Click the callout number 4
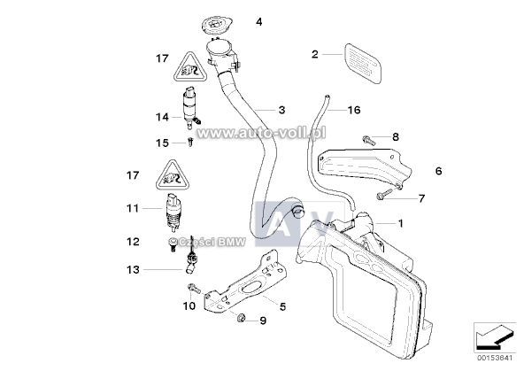[258, 21]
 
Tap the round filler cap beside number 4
[216, 19]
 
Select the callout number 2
[314, 55]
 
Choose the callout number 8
[396, 136]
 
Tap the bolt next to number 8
[368, 138]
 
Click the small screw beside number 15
[190, 141]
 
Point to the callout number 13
[133, 269]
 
